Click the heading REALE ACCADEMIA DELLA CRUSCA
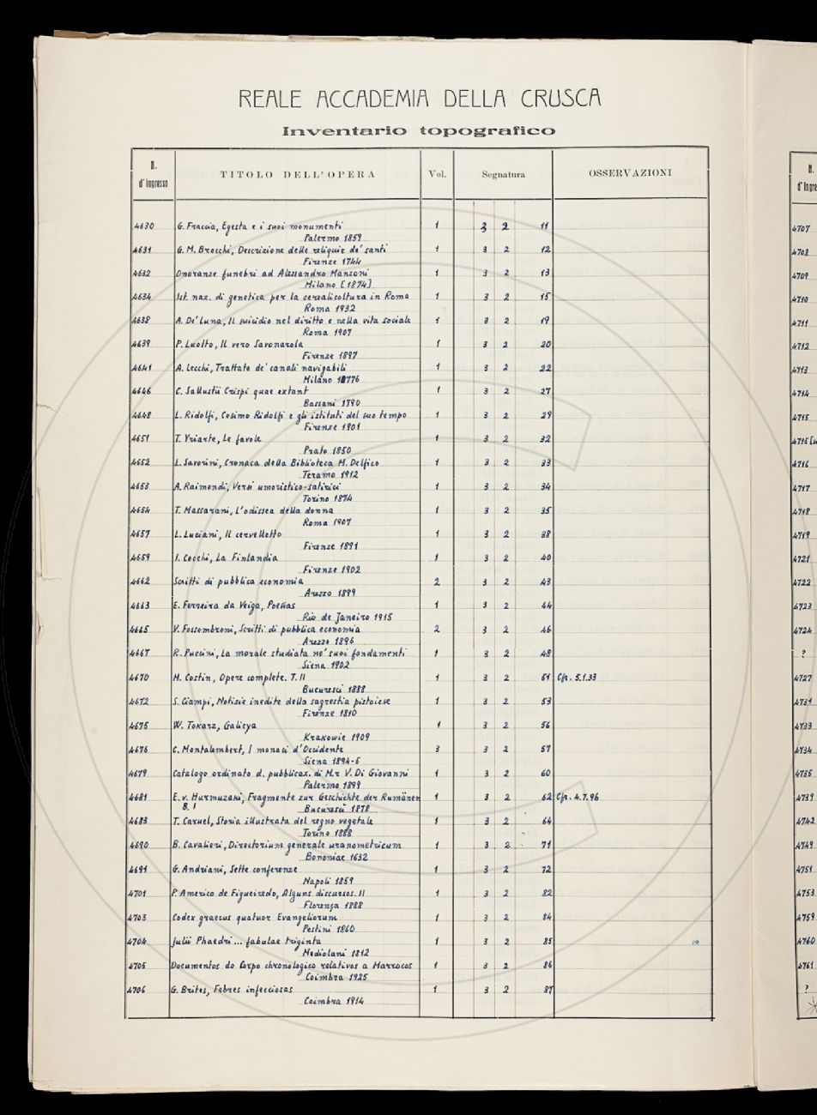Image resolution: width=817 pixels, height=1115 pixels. click(x=419, y=98)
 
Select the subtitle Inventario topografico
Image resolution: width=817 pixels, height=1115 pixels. click(x=419, y=131)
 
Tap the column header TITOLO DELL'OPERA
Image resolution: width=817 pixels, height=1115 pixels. click(x=297, y=175)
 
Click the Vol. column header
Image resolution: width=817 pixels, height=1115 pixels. click(x=436, y=175)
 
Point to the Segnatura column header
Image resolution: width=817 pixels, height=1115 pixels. click(x=503, y=175)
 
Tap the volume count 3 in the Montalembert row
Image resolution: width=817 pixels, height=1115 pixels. click(x=437, y=748)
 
